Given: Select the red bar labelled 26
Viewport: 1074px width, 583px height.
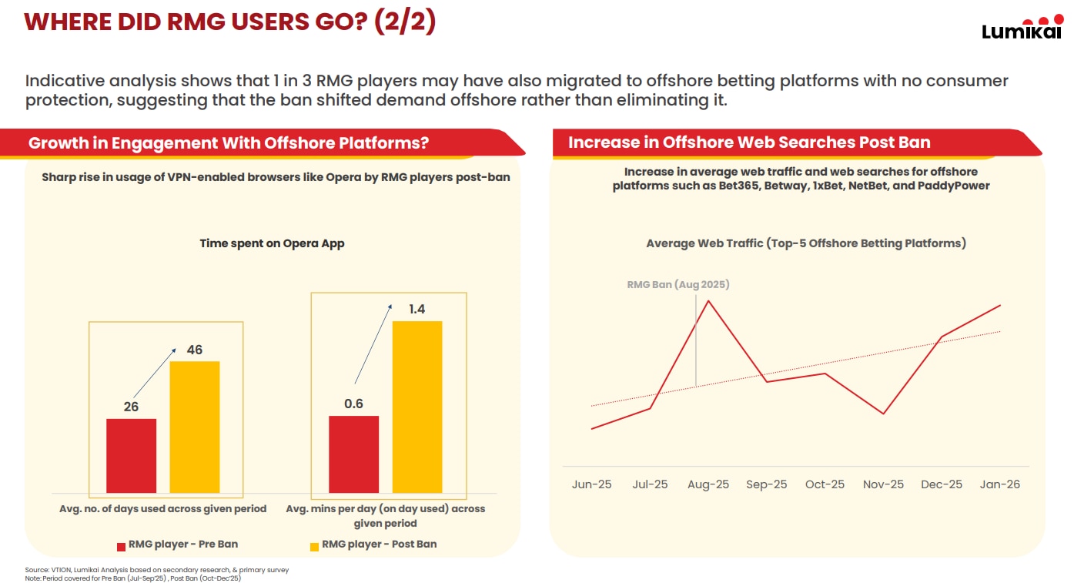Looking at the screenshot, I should pyautogui.click(x=131, y=455).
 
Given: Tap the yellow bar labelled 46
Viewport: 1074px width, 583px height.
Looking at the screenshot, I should pyautogui.click(x=195, y=427).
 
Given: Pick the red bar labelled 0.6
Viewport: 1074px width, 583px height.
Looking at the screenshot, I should pyautogui.click(x=353, y=454).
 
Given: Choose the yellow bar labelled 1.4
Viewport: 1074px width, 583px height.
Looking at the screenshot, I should pyautogui.click(x=417, y=407).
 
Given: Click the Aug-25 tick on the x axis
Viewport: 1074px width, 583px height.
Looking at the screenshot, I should pyautogui.click(x=708, y=484).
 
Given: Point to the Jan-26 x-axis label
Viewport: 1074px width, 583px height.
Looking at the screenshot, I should pyautogui.click(x=1000, y=484).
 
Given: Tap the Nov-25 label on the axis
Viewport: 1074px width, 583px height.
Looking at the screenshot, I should pyautogui.click(x=883, y=484).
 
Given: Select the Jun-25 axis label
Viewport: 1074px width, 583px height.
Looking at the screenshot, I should pyautogui.click(x=591, y=484).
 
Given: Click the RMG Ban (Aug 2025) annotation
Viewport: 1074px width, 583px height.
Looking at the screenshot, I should pyautogui.click(x=678, y=284).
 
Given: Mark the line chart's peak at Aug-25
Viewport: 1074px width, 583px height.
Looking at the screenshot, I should pyautogui.click(x=708, y=300).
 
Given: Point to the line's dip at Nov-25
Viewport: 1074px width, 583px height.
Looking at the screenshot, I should pyautogui.click(x=883, y=414).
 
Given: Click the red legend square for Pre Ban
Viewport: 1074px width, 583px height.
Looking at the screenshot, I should pyautogui.click(x=121, y=546).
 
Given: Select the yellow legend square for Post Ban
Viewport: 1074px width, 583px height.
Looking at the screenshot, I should pyautogui.click(x=314, y=546).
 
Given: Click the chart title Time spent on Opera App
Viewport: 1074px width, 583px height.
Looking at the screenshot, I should pyautogui.click(x=272, y=243).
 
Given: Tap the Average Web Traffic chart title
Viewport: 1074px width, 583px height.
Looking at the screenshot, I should pyautogui.click(x=805, y=243).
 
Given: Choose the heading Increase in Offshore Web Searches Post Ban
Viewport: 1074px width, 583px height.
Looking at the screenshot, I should pyautogui.click(x=749, y=142).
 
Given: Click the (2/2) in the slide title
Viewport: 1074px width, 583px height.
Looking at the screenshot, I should pyautogui.click(x=405, y=22).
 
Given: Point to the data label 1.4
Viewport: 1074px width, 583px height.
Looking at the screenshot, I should pyautogui.click(x=417, y=309).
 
